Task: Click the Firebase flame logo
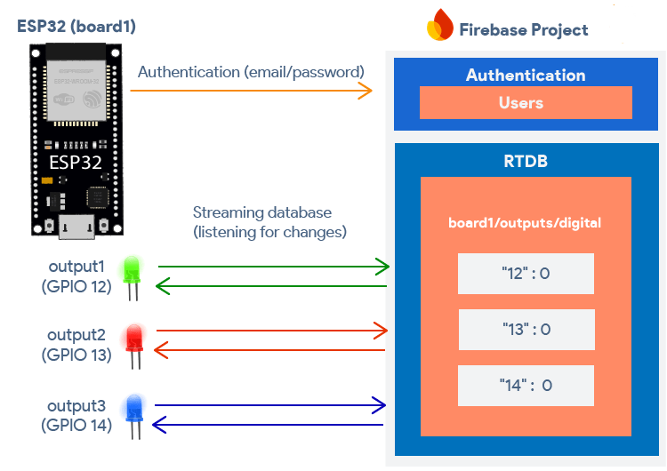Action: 440,26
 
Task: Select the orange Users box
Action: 526,103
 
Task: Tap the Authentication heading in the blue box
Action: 526,75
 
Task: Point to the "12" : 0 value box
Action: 526,274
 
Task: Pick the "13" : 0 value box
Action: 526,330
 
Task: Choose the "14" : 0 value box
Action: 526,386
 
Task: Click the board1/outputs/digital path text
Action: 526,223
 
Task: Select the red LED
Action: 135,339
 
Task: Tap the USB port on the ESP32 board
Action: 77,226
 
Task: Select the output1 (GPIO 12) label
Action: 76,276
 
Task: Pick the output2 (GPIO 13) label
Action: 76,345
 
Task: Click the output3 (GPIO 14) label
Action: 76,415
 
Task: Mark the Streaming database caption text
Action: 269,222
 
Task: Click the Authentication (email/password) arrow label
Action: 251,71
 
